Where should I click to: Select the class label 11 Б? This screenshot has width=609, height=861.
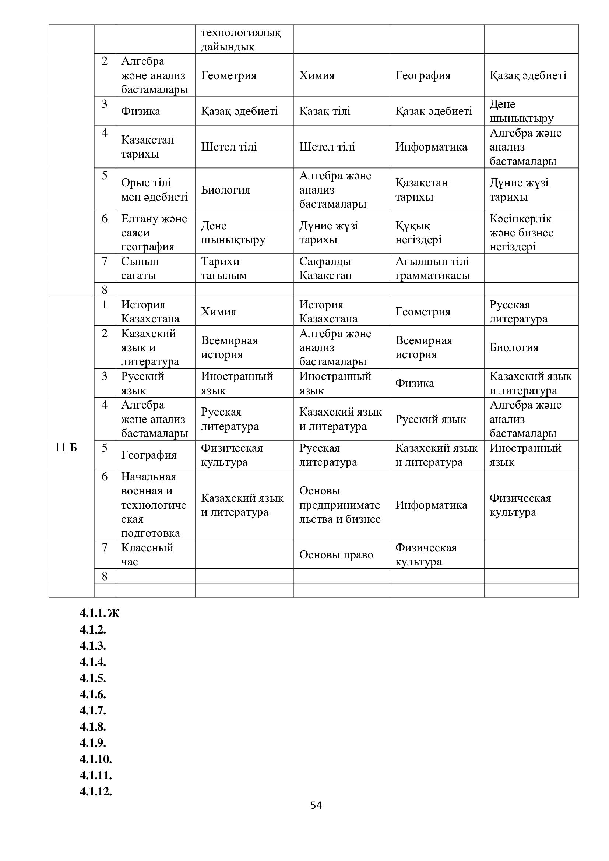[66, 447]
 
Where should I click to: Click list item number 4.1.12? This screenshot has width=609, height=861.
[96, 792]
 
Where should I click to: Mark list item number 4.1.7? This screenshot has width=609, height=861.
[93, 710]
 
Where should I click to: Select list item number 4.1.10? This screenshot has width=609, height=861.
[96, 759]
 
